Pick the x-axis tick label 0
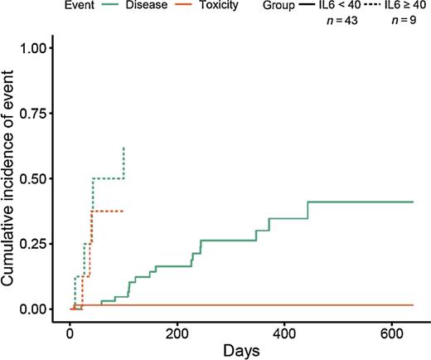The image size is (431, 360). coord(70,324)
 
